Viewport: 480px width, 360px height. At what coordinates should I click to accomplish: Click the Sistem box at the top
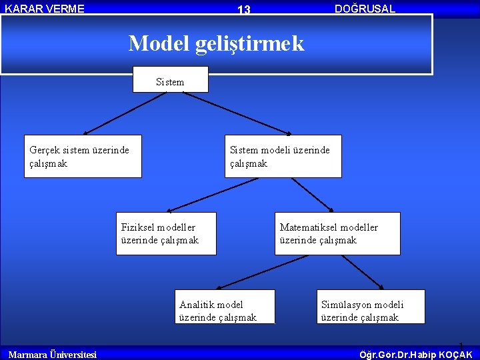pyautogui.click(x=170, y=79)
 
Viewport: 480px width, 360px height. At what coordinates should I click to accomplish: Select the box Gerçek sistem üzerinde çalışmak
pyautogui.click(x=83, y=157)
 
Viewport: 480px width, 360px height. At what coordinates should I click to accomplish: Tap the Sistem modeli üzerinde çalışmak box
pyautogui.click(x=283, y=157)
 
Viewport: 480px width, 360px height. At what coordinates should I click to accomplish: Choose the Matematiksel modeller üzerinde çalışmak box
pyautogui.click(x=338, y=233)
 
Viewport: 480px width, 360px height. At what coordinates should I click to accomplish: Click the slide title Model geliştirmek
pyautogui.click(x=216, y=43)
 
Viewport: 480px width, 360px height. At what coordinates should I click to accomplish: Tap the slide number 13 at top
pyautogui.click(x=244, y=9)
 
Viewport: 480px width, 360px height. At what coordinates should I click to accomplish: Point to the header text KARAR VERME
pyautogui.click(x=45, y=9)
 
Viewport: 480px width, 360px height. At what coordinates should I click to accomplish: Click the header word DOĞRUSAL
pyautogui.click(x=365, y=9)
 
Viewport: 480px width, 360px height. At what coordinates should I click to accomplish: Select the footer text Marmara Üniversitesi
pyautogui.click(x=52, y=354)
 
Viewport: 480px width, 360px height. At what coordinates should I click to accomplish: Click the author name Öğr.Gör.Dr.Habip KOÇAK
pyautogui.click(x=415, y=354)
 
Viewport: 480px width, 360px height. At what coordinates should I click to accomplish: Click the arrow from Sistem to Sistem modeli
pyautogui.click(x=237, y=113)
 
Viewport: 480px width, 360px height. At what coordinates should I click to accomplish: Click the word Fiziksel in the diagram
pyautogui.click(x=139, y=227)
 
